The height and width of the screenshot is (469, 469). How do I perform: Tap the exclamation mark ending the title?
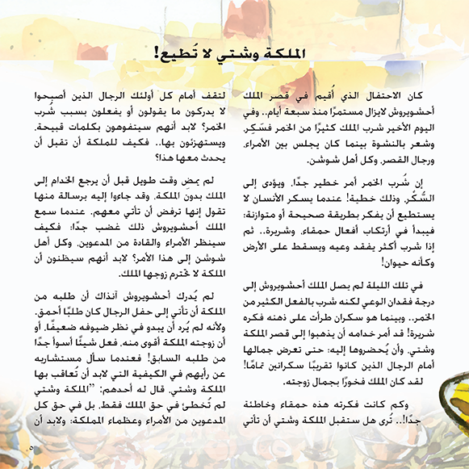point(155,54)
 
